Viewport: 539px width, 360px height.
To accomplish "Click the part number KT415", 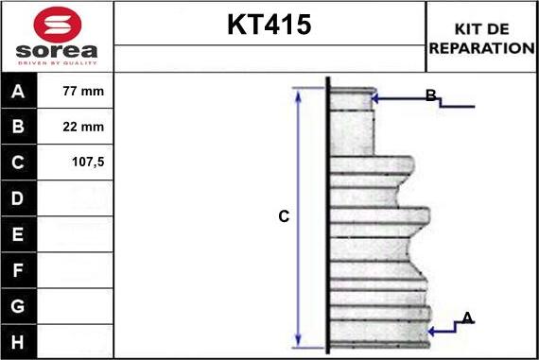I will pyautogui.click(x=269, y=26).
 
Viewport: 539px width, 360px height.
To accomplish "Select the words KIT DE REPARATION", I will pyautogui.click(x=481, y=38).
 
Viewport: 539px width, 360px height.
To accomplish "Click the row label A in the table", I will pyautogui.click(x=19, y=92).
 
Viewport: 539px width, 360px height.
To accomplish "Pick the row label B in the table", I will pyautogui.click(x=19, y=127).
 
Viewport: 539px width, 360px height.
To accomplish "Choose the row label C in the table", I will pyautogui.click(x=19, y=162).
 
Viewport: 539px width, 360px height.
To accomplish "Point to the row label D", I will pyautogui.click(x=19, y=198).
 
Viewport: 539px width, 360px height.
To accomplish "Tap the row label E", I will pyautogui.click(x=19, y=233).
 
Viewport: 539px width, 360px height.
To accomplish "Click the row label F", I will pyautogui.click(x=19, y=269).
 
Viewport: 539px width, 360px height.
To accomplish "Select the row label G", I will pyautogui.click(x=19, y=305).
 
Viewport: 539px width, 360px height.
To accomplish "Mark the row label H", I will pyautogui.click(x=19, y=340).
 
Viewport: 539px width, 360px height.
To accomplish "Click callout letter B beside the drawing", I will pyautogui.click(x=430, y=94).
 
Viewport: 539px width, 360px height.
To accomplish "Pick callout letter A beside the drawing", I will pyautogui.click(x=466, y=317).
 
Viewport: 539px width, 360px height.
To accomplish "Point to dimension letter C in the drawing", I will pyautogui.click(x=283, y=216).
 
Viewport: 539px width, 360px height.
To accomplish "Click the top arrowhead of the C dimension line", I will pyautogui.click(x=298, y=91).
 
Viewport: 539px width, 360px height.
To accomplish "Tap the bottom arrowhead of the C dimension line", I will pyautogui.click(x=298, y=342).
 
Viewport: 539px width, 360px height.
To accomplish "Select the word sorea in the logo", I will pyautogui.click(x=57, y=49).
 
